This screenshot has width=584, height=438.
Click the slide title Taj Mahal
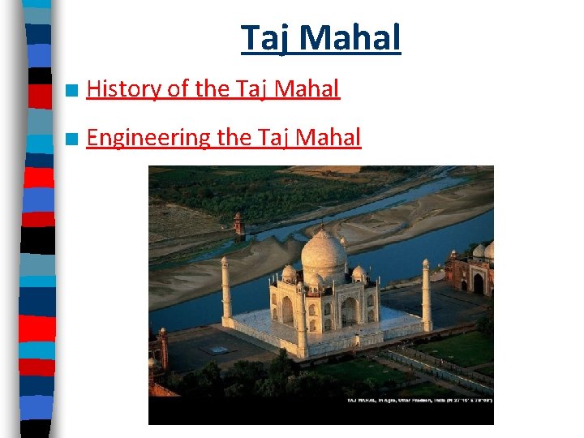(320, 38)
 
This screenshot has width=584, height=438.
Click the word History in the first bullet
(123, 89)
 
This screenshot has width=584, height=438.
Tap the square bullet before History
(73, 90)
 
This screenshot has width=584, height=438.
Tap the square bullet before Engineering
(73, 140)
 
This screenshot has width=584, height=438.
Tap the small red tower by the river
(238, 225)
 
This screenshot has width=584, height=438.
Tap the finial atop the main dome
(324, 226)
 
